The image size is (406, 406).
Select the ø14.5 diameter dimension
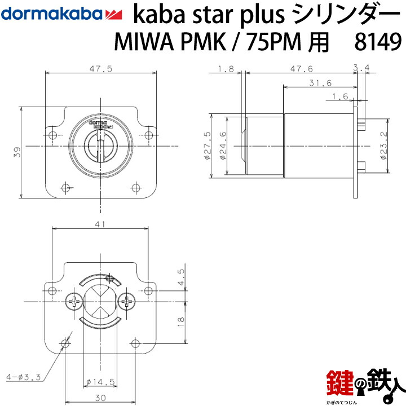(x=102, y=382)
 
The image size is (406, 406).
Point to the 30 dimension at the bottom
(x=100, y=397)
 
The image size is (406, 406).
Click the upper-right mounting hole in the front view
(x=148, y=135)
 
